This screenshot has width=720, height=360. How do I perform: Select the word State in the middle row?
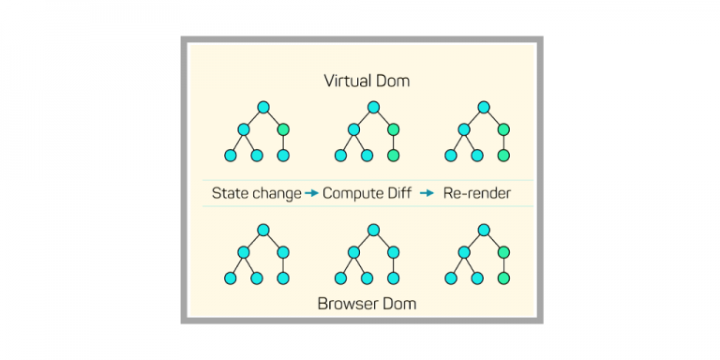click(230, 193)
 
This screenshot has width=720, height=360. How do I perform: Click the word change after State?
click(276, 193)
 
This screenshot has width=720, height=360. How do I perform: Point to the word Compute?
click(354, 193)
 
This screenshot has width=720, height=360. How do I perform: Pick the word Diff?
click(401, 193)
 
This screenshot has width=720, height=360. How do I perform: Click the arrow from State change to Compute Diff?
click(312, 193)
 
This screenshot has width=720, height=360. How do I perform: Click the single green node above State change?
click(284, 129)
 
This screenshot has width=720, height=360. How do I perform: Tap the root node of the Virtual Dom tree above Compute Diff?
click(373, 107)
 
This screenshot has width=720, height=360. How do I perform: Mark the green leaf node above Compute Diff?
click(394, 156)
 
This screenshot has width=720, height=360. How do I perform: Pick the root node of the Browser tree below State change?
click(263, 230)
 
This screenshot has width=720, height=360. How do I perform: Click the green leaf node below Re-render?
click(503, 278)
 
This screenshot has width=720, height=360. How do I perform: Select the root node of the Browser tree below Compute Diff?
click(373, 230)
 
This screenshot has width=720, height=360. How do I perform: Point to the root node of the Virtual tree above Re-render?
click(484, 107)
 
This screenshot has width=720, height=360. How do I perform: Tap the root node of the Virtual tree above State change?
click(263, 107)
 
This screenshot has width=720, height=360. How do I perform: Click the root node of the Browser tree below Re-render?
click(484, 230)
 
